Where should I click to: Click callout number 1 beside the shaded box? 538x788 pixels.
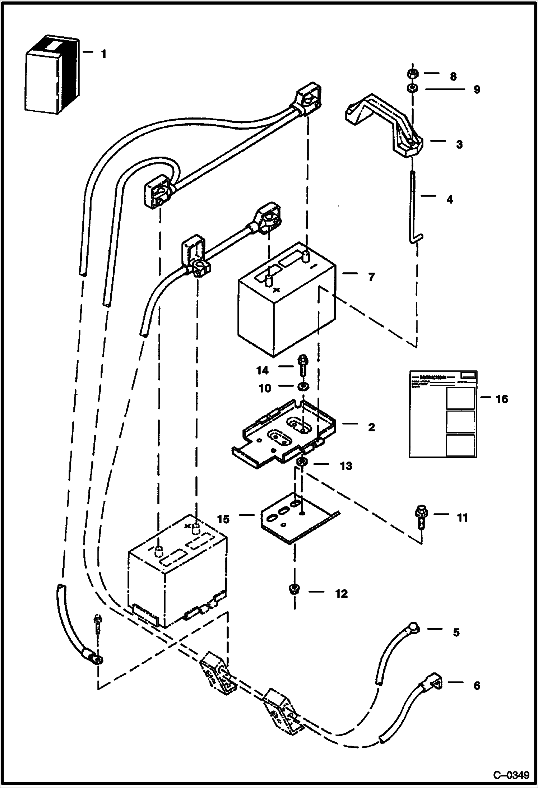(103, 55)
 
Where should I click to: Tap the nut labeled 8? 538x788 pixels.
(412, 74)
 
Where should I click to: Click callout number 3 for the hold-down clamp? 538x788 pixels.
(459, 144)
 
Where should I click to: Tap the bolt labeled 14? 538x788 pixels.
(302, 366)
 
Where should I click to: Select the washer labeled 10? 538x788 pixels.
(302, 386)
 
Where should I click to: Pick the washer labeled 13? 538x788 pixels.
(302, 462)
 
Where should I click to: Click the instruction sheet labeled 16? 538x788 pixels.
(443, 414)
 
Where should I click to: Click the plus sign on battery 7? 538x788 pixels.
(276, 290)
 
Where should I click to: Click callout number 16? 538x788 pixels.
(502, 399)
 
